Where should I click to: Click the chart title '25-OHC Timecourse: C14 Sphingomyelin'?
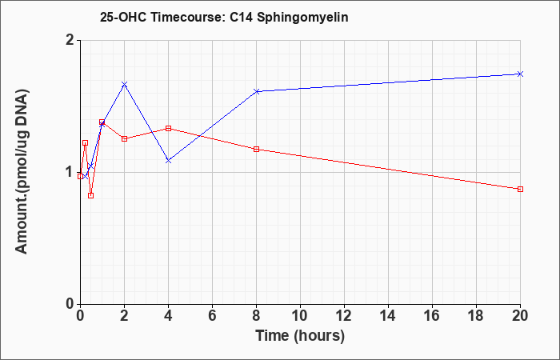tap(224, 17)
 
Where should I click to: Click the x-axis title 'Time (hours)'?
tap(300, 336)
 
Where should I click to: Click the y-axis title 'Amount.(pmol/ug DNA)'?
tap(22, 172)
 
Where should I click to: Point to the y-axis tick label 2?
tap(70, 40)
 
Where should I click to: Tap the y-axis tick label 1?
tap(70, 173)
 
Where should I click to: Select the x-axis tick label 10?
tap(300, 316)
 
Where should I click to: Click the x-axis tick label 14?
tap(388, 316)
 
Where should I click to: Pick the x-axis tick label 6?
tap(212, 316)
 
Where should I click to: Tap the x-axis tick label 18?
tap(476, 316)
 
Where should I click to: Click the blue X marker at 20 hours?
tap(520, 74)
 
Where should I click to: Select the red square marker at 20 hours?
tap(520, 190)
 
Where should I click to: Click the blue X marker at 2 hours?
tap(124, 84)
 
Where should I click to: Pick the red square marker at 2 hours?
tap(124, 139)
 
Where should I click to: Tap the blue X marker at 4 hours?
tap(168, 161)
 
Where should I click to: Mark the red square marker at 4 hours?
tap(168, 128)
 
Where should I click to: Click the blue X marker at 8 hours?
tap(257, 91)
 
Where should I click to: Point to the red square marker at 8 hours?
tap(257, 150)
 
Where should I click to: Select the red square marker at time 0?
tap(80, 177)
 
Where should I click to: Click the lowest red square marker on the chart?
tap(90, 196)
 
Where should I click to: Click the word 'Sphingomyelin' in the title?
tap(302, 17)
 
